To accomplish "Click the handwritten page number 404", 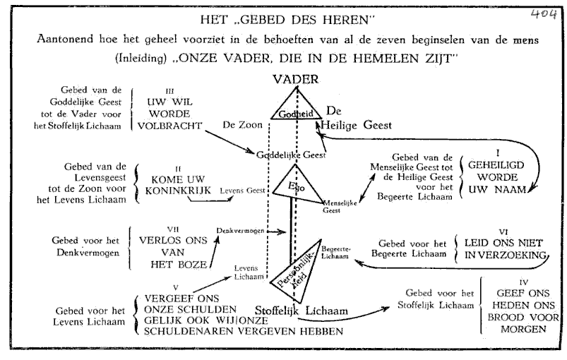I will [543, 13].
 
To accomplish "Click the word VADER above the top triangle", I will [296, 80].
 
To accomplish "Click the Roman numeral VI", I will [503, 229].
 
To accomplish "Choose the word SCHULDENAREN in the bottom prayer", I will [178, 331].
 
